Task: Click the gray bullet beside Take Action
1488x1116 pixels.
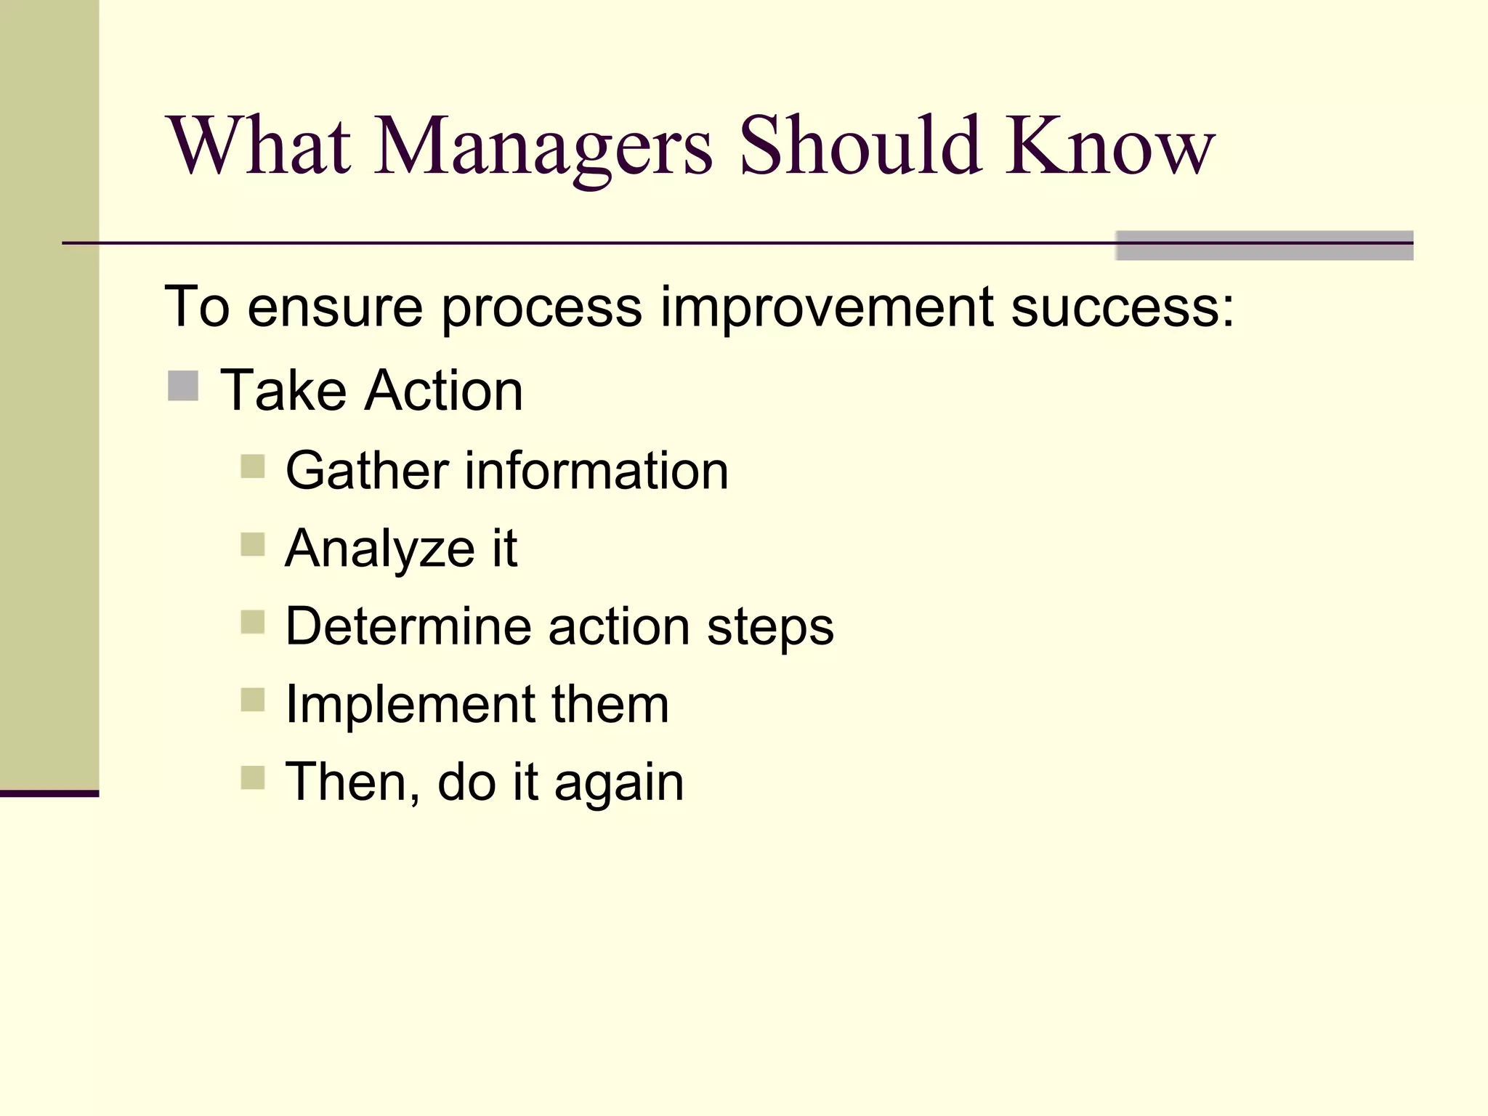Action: [x=183, y=386]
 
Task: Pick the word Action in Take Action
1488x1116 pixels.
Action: [x=444, y=391]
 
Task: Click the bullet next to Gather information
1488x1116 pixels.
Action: [x=252, y=466]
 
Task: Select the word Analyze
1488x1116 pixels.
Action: [x=380, y=549]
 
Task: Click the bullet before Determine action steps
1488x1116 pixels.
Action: [x=252, y=622]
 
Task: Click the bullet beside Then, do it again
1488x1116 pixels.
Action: [x=252, y=777]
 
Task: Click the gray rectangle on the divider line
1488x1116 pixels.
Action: [x=1264, y=246]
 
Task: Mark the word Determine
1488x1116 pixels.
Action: [x=408, y=626]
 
